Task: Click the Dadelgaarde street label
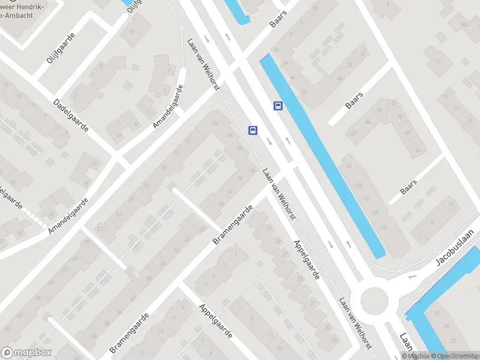(x=71, y=115)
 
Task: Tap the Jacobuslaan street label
(x=455, y=248)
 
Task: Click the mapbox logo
(x=26, y=353)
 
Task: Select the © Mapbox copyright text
(x=416, y=356)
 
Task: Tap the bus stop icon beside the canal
(x=278, y=106)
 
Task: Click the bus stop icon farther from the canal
(x=253, y=130)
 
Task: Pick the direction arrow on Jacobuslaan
(x=412, y=276)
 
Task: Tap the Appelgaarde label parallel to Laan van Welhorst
(x=307, y=258)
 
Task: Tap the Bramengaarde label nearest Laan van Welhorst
(x=233, y=224)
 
